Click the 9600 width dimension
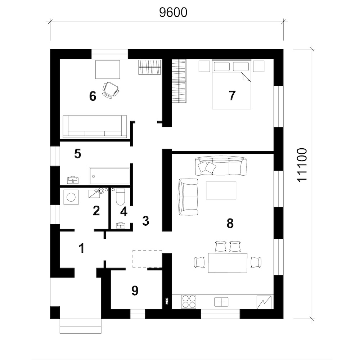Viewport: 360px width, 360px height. [174, 12]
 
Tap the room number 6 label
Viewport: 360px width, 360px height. [93, 96]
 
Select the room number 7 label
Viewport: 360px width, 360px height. [232, 95]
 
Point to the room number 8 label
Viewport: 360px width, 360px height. [230, 223]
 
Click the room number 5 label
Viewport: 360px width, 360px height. [78, 154]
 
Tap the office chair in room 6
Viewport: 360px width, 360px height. [111, 90]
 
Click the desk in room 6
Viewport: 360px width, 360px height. [108, 69]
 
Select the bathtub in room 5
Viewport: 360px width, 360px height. [109, 176]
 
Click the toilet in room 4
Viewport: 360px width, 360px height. [120, 197]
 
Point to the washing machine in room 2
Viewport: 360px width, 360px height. [71, 197]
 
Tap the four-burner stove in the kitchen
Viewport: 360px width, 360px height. [189, 301]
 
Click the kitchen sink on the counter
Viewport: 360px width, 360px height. [221, 302]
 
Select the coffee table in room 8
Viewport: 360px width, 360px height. [221, 190]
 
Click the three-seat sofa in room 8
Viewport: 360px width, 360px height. [220, 166]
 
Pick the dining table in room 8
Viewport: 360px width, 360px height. [228, 263]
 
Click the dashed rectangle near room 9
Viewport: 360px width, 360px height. [147, 259]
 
